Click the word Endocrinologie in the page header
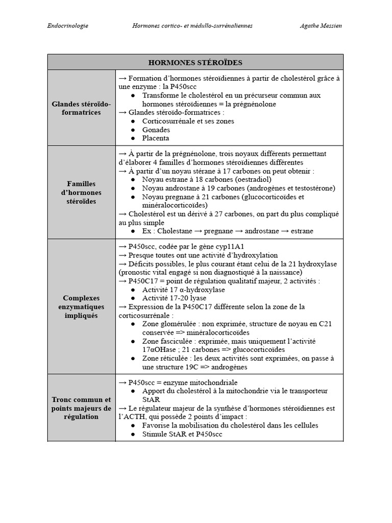pos(67,26)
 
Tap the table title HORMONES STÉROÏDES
pos(195,62)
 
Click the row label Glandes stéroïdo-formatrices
pos(81,108)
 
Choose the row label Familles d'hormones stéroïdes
pos(81,193)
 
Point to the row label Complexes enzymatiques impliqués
pos(81,306)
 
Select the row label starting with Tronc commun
pos(81,408)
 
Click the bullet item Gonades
pos(156,130)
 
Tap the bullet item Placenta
pos(156,138)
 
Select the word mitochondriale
pos(210,382)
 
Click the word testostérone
pos(313,188)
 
